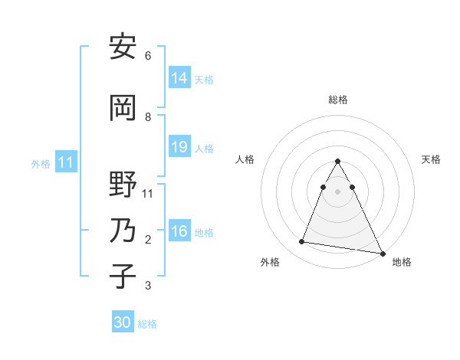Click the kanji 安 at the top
[123, 47]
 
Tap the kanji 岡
[123, 109]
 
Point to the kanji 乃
[123, 231]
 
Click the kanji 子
[123, 277]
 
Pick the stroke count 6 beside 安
[148, 56]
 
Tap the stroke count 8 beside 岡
[148, 117]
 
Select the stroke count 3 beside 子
[148, 286]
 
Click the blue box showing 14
[179, 78]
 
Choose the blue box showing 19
[179, 147]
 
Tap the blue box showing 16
[179, 231]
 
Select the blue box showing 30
[122, 322]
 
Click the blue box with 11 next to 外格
[65, 162]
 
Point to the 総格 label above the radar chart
[338, 100]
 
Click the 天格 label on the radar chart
[432, 159]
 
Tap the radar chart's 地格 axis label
[402, 262]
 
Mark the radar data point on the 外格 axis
[301, 242]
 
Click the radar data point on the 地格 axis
[381, 252]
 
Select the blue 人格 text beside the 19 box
[204, 148]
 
